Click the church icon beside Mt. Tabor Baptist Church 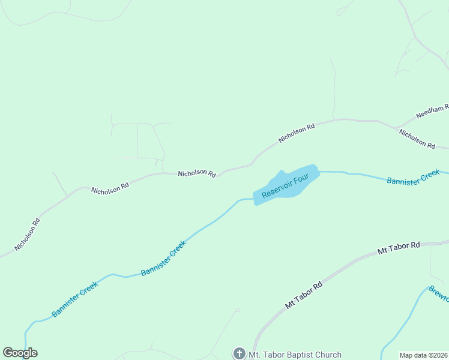239,353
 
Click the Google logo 20,353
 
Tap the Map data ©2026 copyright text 423,355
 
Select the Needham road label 432,111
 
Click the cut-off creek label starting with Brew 439,292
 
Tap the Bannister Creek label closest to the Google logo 74,299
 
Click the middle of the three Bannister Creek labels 163,259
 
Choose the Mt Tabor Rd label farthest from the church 399,248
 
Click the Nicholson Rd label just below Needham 417,139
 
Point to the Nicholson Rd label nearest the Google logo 28,234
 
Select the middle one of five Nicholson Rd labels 197,173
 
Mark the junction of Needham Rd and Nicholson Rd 397,128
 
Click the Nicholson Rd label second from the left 110,188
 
